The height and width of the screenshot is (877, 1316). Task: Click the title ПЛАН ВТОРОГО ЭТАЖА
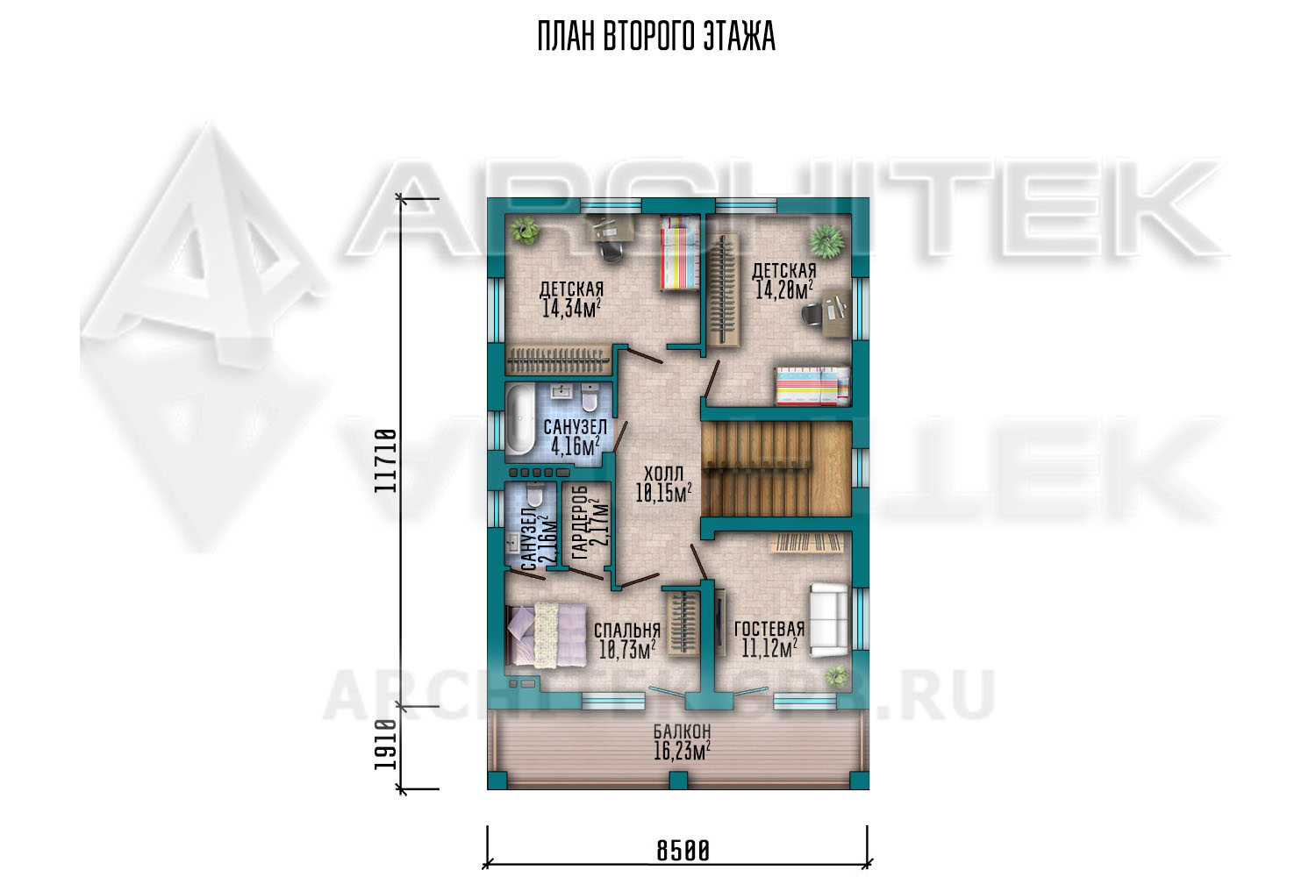656,37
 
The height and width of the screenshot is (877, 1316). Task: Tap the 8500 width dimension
683,851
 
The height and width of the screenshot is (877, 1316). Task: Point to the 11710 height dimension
386,461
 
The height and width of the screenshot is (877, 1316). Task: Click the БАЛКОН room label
682,731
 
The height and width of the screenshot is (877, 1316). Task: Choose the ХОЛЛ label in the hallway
664,474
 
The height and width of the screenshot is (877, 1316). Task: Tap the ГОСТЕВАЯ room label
769,629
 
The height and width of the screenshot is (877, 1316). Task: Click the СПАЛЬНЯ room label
627,631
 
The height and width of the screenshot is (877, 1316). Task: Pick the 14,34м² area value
571,309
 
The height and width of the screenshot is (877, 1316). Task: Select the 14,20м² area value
783,289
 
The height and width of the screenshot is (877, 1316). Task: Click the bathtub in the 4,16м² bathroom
519,418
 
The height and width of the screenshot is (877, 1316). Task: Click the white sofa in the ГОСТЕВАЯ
829,620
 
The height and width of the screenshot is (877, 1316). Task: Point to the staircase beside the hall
776,468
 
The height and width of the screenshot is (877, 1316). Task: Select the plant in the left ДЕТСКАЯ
525,231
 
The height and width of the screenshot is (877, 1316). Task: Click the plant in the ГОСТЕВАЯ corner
835,676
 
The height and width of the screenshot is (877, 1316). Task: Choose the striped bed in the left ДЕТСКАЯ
680,253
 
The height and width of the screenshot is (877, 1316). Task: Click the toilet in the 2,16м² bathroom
534,496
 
